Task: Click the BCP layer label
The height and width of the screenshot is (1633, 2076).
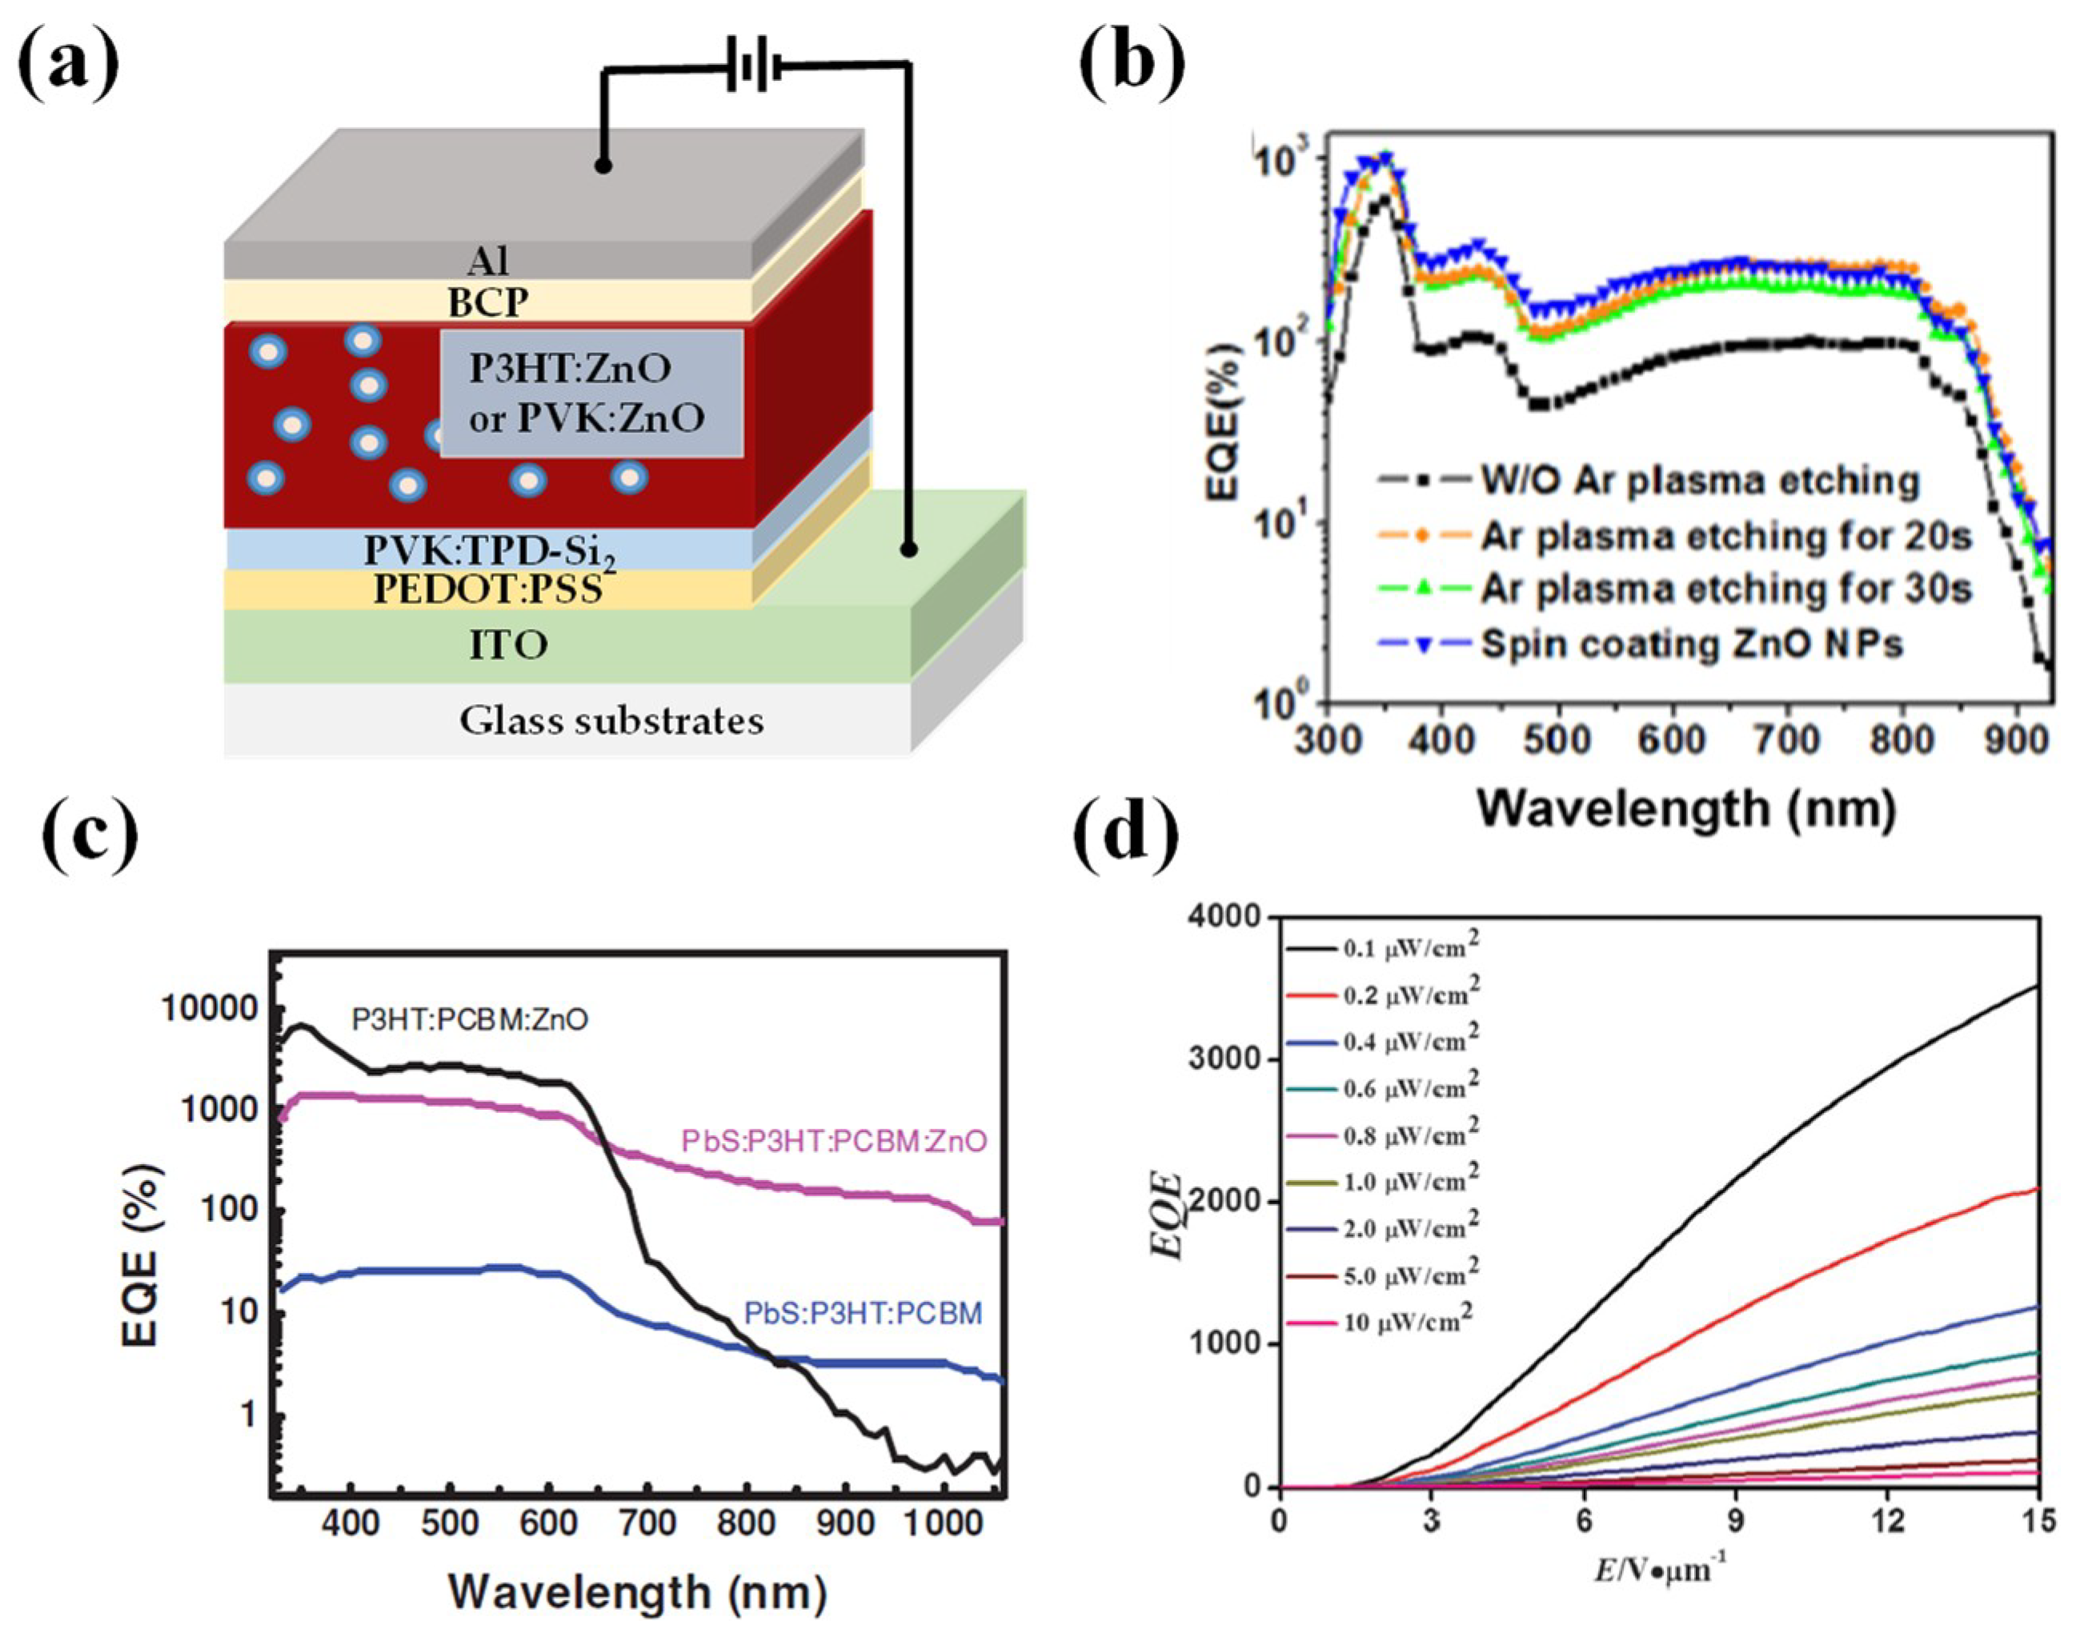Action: (487, 302)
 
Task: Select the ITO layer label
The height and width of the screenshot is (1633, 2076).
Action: (509, 646)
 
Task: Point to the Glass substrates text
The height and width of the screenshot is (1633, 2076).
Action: (611, 720)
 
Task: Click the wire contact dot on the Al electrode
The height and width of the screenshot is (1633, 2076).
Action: (603, 166)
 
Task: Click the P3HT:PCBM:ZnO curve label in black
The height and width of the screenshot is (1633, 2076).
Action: (470, 1020)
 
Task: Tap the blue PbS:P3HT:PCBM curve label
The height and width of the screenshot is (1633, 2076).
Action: (863, 1314)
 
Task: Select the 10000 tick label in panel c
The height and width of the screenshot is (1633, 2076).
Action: (208, 1007)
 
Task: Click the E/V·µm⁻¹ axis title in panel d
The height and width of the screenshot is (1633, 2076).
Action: (1659, 1570)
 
